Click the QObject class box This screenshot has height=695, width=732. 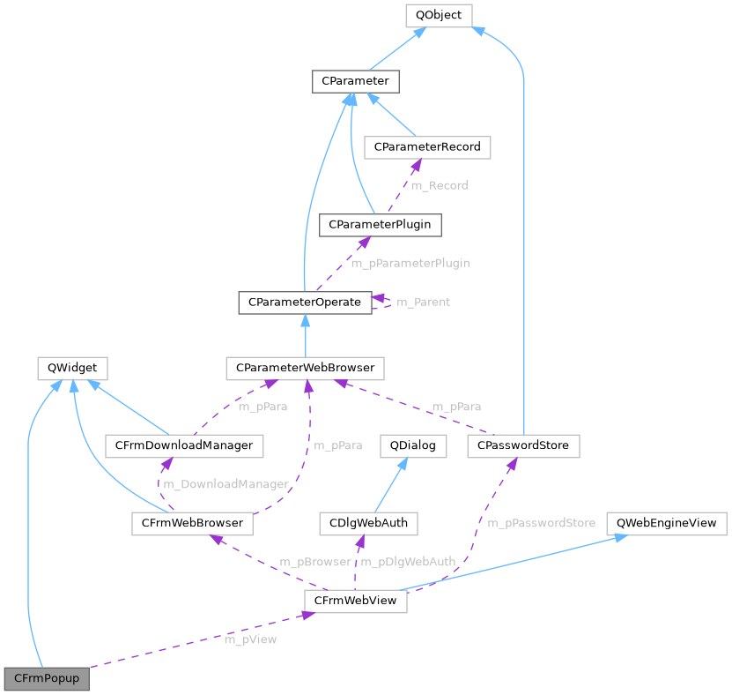click(438, 15)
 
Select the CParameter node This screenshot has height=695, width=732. click(355, 81)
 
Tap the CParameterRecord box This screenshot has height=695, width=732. click(427, 146)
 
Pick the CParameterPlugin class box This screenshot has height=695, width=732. click(380, 224)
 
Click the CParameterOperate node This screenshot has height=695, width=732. click(304, 302)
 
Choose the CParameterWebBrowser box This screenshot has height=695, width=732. click(305, 367)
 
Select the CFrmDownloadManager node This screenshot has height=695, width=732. click(183, 445)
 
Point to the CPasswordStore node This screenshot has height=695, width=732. click(523, 445)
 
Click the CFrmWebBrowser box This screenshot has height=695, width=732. click(192, 523)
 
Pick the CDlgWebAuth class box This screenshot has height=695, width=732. click(368, 523)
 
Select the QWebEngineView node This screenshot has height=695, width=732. click(667, 523)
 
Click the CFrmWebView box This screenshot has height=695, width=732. click(355, 601)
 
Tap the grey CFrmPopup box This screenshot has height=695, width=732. click(47, 679)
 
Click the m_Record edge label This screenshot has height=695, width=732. click(440, 185)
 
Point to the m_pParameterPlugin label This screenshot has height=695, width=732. click(410, 263)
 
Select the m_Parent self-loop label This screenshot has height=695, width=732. click(423, 302)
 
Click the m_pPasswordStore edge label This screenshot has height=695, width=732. click(541, 523)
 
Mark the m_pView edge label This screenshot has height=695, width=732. click(250, 639)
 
